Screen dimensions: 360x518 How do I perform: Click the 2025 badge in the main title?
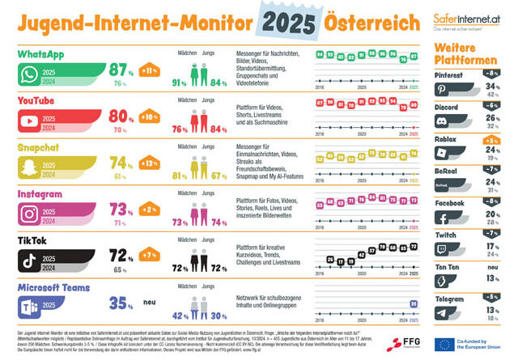(x=290, y=19)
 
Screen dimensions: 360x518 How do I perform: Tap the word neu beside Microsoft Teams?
(x=150, y=304)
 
